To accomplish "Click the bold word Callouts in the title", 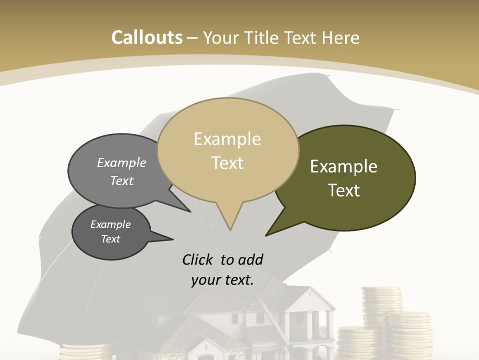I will (147, 37).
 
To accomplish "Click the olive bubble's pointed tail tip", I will (267, 234).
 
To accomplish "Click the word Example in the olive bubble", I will (344, 166).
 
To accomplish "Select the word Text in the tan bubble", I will (228, 163).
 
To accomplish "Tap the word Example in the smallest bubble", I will (110, 224).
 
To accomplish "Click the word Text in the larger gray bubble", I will (122, 180).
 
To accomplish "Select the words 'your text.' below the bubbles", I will (223, 280).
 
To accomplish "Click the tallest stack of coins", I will (381, 305).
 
